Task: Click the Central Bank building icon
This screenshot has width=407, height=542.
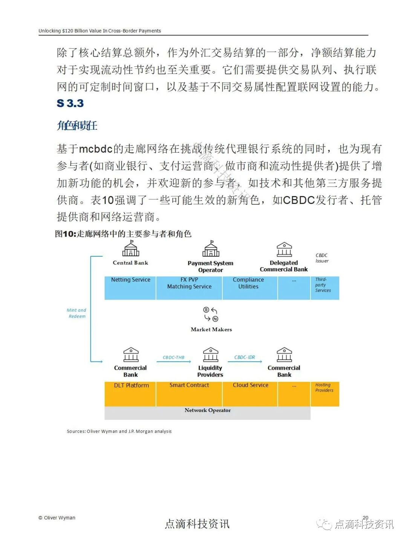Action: [x=130, y=248]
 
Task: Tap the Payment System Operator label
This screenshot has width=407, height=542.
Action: [x=210, y=266]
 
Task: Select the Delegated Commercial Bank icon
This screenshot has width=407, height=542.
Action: [x=284, y=250]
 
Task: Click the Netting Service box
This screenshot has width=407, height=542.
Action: [x=130, y=288]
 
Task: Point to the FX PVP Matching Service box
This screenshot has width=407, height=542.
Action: [x=189, y=288]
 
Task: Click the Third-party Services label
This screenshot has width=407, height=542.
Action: [x=323, y=285]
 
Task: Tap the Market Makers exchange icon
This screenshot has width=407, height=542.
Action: [x=211, y=314]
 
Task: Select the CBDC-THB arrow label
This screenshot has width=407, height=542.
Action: [x=173, y=357]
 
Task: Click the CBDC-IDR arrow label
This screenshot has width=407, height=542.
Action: [x=245, y=357]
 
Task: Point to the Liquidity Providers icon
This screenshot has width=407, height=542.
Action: [x=210, y=355]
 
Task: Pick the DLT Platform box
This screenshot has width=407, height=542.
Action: [x=130, y=394]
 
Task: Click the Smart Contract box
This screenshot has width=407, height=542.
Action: [x=189, y=394]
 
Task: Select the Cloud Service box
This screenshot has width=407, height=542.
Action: [x=250, y=394]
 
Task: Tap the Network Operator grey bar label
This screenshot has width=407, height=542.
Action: [x=208, y=410]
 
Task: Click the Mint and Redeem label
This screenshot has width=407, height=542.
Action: [x=77, y=313]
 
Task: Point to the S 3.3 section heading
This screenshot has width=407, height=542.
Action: [x=70, y=103]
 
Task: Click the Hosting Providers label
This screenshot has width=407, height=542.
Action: [x=324, y=387]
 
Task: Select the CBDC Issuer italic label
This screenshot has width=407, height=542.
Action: [x=322, y=258]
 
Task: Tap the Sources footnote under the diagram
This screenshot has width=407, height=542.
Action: [x=119, y=431]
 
